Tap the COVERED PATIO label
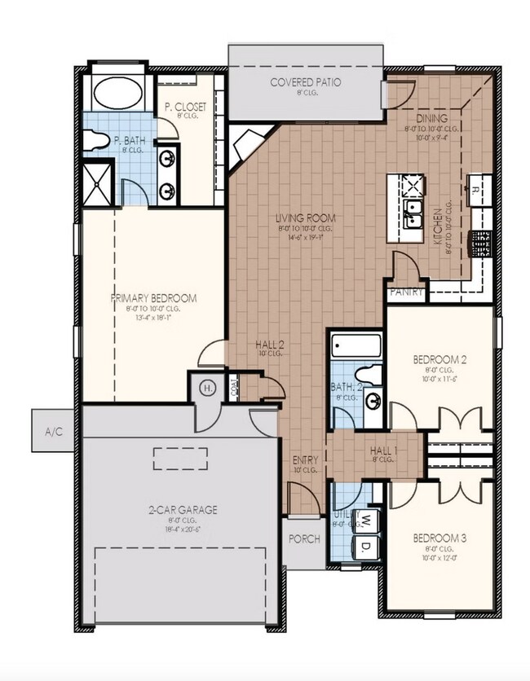306,82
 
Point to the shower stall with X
99,182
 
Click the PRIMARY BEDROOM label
154,298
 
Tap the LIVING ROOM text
306,218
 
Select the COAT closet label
233,388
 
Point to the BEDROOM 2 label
440,359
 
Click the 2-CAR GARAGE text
182,510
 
